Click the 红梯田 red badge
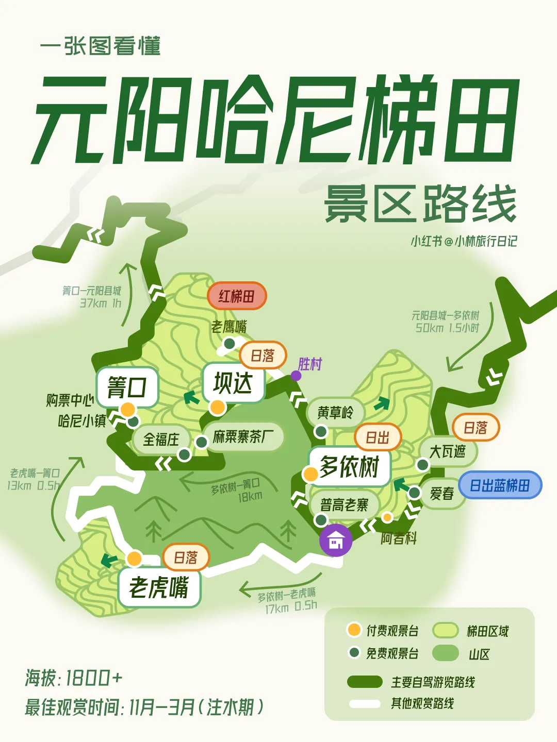click(x=237, y=296)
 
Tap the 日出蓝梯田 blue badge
click(x=500, y=485)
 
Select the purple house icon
click(x=336, y=541)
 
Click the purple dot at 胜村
click(x=296, y=376)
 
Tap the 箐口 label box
click(x=127, y=387)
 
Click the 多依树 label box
click(x=349, y=467)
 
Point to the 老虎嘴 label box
click(x=159, y=587)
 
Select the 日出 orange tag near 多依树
click(x=378, y=437)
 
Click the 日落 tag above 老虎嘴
click(x=186, y=558)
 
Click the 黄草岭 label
click(x=336, y=412)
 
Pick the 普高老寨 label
click(x=344, y=504)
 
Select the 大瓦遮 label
click(x=447, y=452)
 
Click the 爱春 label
click(x=442, y=494)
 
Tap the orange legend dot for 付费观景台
click(x=354, y=630)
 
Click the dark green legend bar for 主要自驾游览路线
click(x=365, y=682)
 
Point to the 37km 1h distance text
click(x=100, y=303)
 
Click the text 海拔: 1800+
click(x=74, y=678)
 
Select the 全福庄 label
click(x=161, y=440)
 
